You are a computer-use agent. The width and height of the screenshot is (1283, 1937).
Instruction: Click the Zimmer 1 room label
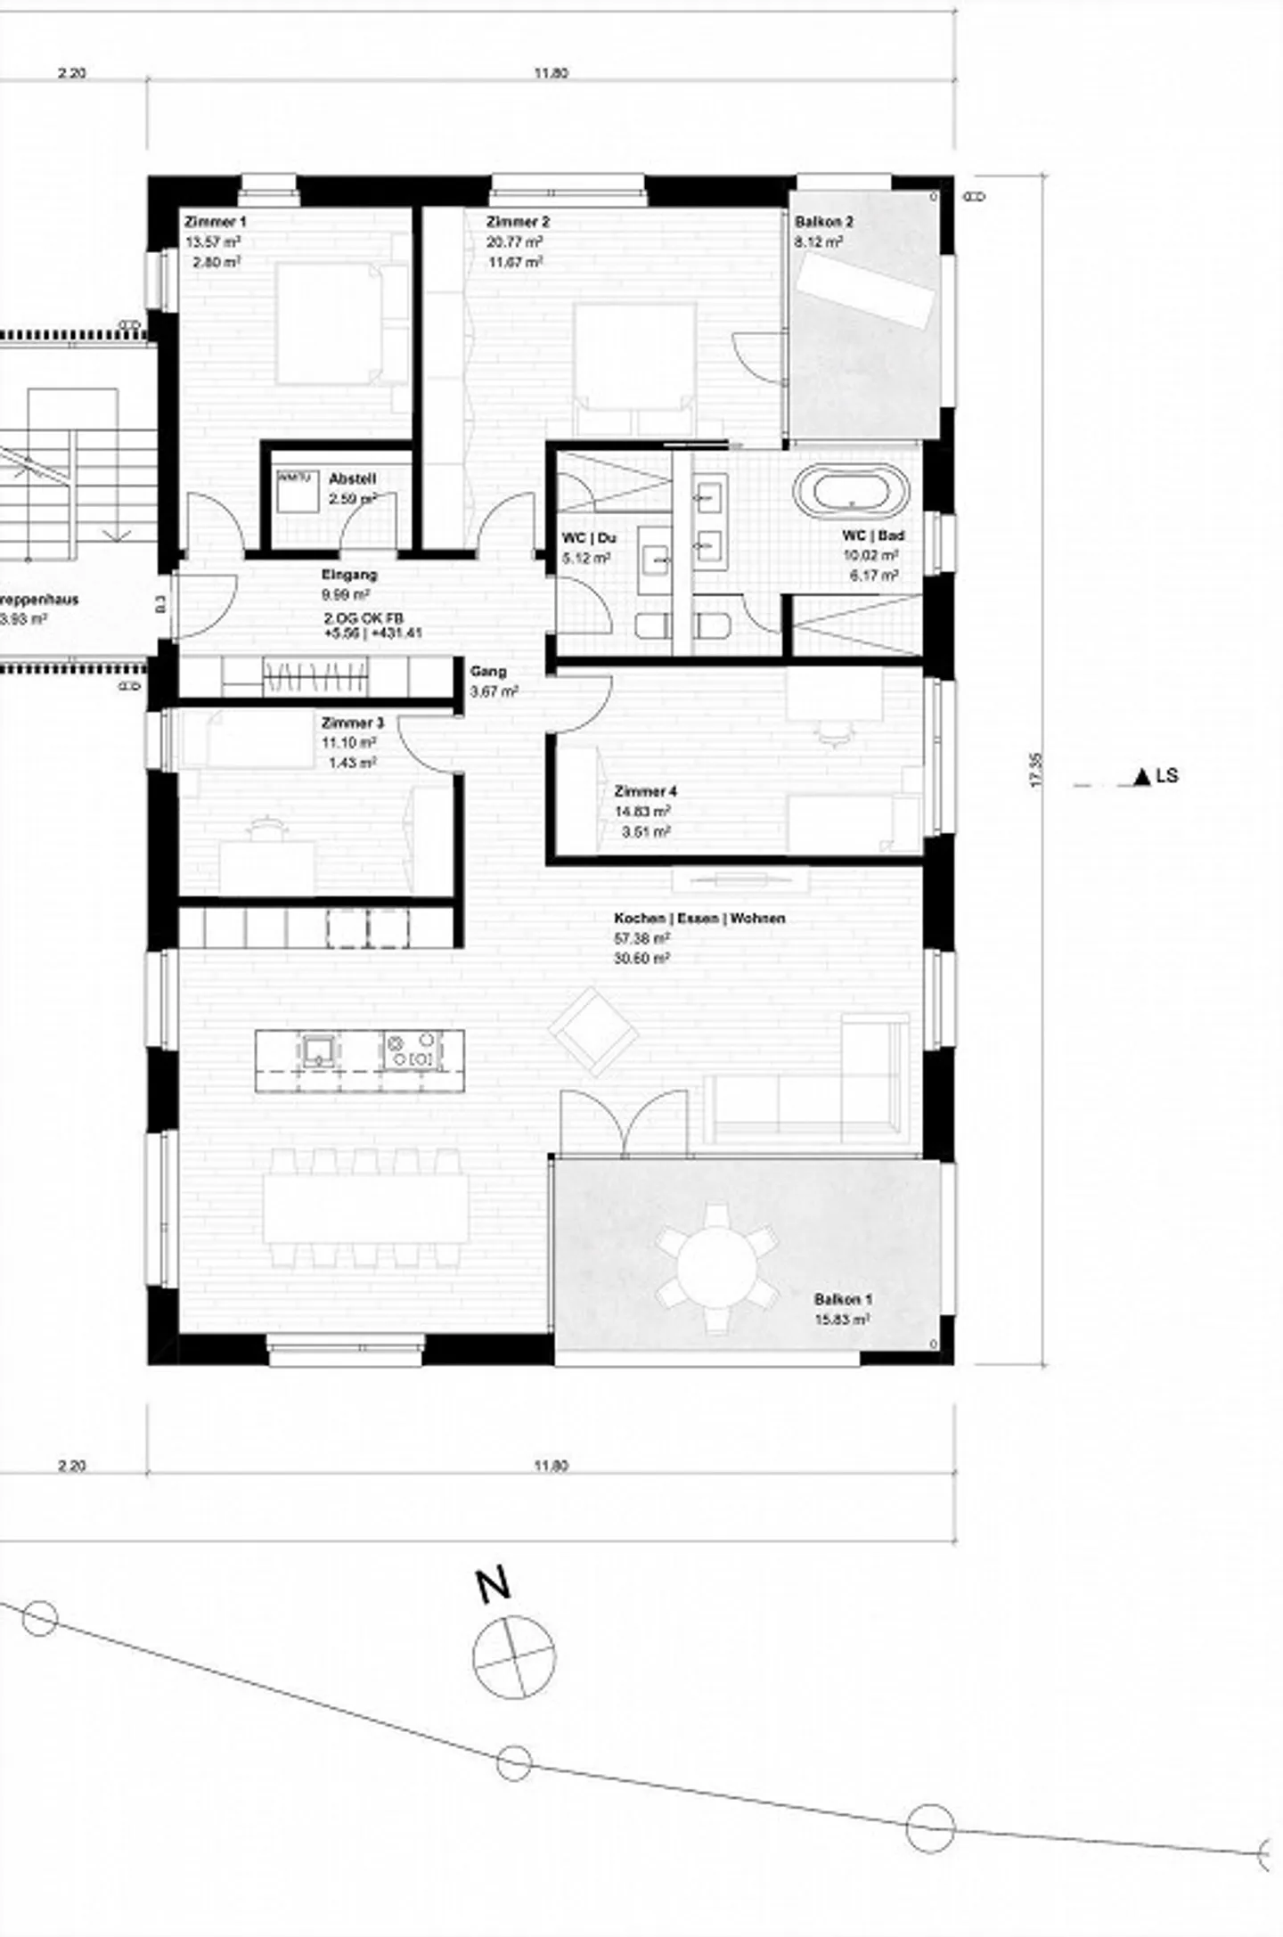(215, 221)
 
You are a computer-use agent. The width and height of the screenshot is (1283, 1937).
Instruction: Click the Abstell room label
(352, 478)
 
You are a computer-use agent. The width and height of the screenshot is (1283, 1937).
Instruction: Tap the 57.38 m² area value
(641, 938)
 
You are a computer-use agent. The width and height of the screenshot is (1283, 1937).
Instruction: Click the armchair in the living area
(593, 1031)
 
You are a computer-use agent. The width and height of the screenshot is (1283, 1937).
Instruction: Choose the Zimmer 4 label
(645, 790)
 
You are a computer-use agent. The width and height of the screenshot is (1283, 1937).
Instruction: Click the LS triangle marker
(1142, 778)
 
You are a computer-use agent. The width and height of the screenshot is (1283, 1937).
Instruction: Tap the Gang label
(488, 671)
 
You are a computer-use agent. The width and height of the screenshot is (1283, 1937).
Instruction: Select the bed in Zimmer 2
(635, 356)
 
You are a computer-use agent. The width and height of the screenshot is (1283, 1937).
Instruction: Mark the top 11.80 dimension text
(552, 73)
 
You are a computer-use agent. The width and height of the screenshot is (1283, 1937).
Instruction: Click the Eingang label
(349, 575)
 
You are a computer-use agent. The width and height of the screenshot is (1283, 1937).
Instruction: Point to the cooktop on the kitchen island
(413, 1050)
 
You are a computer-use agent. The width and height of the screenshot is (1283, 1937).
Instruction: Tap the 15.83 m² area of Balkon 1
(841, 1320)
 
